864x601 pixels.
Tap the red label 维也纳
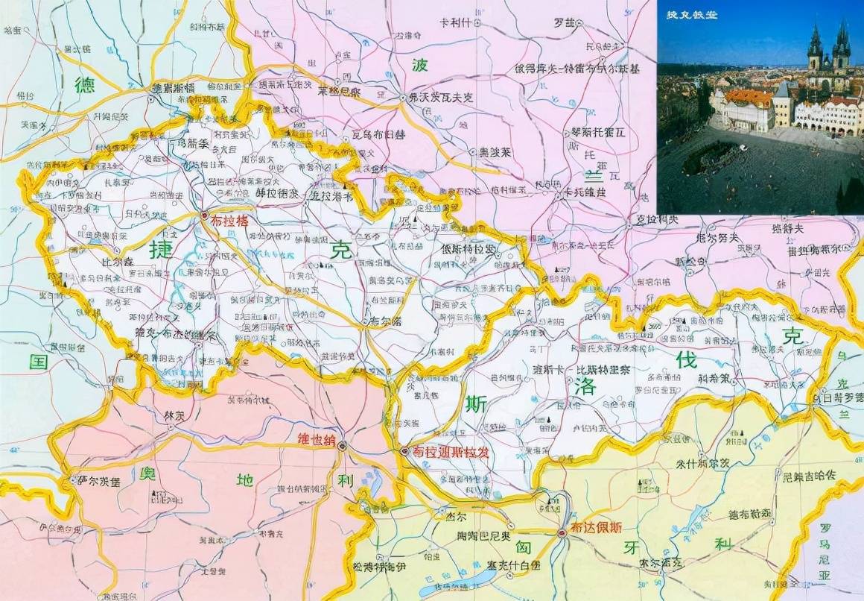[x=316, y=438]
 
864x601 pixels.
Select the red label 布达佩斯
[x=596, y=527]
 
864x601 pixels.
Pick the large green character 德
[x=86, y=84]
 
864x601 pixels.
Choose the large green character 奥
[x=149, y=475]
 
